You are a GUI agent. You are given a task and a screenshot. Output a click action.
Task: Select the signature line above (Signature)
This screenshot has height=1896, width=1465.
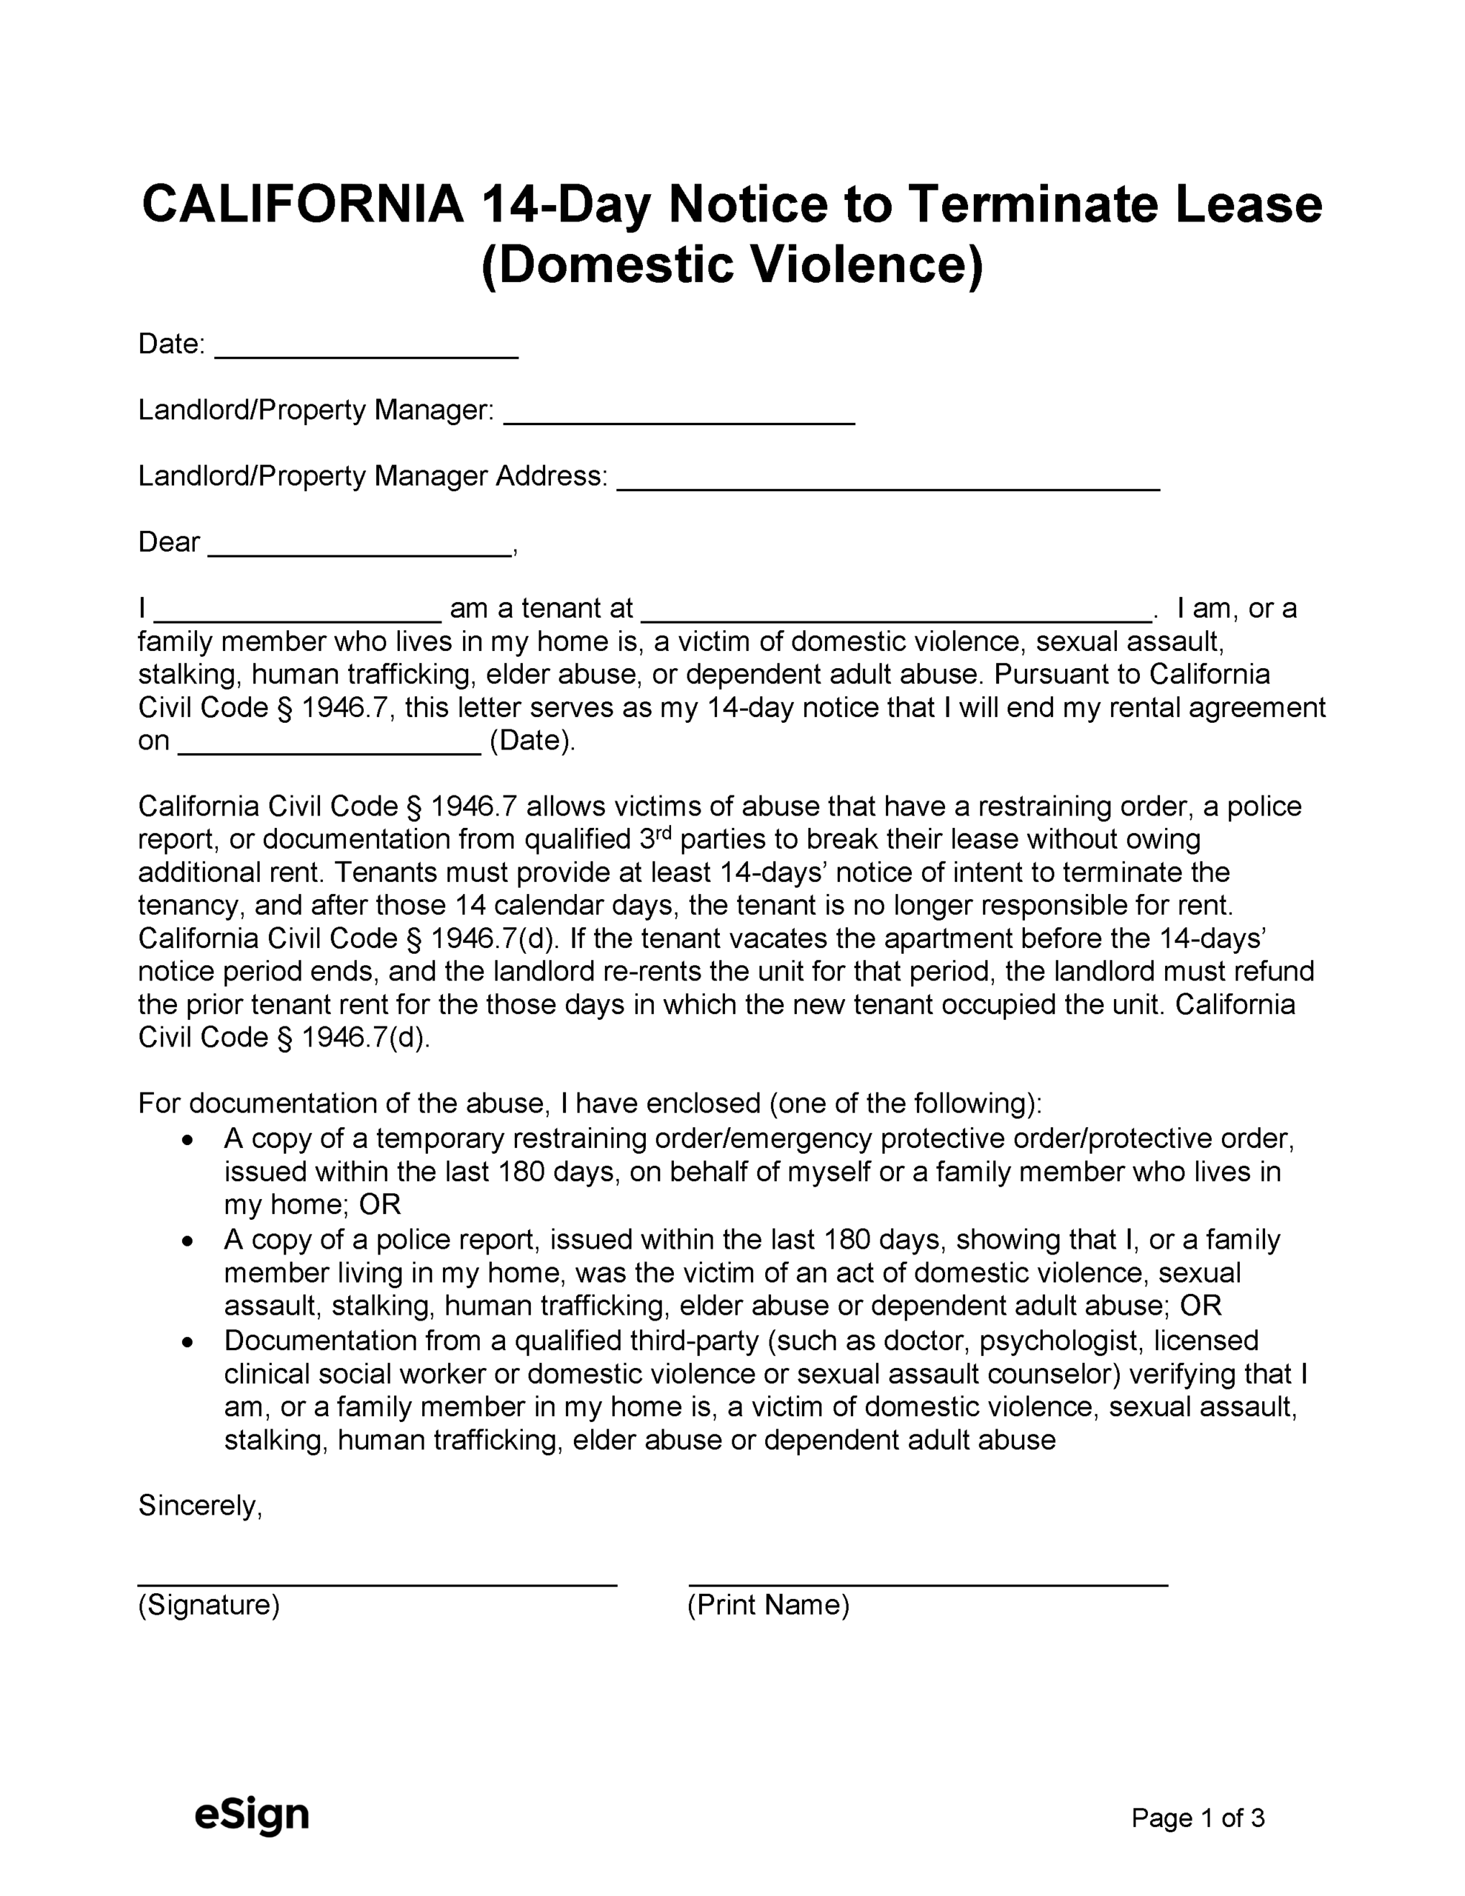[x=377, y=1583]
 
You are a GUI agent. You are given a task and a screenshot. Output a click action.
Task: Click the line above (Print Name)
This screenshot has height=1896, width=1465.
[x=927, y=1583]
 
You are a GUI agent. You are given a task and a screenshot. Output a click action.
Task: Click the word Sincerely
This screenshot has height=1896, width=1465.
[x=200, y=1506]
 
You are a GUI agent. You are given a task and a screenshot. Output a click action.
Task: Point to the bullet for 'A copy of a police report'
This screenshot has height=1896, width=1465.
[x=187, y=1241]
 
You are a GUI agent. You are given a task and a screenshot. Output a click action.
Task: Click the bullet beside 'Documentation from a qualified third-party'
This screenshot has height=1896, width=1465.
[x=187, y=1342]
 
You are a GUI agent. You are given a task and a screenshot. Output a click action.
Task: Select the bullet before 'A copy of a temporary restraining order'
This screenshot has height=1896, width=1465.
[x=187, y=1140]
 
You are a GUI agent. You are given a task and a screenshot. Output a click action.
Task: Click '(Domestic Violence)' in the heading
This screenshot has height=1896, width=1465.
[x=732, y=265]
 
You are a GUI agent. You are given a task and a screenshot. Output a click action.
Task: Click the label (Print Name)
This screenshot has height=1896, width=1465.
[x=767, y=1605]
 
